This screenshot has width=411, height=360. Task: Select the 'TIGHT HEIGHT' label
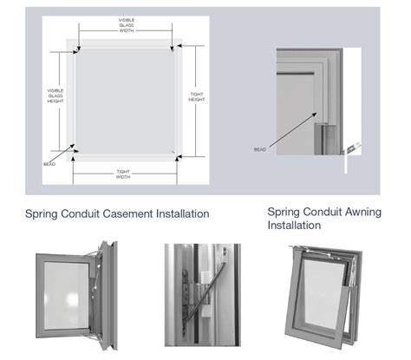pyautogui.click(x=197, y=96)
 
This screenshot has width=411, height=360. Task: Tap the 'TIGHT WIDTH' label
pyautogui.click(x=124, y=173)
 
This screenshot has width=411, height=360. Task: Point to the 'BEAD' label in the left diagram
pyautogui.click(x=49, y=162)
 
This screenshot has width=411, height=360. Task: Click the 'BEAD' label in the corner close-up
pyautogui.click(x=259, y=149)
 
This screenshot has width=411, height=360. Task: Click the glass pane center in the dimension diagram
pyautogui.click(x=126, y=101)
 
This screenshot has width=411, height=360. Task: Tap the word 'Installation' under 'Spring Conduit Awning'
pyautogui.click(x=294, y=226)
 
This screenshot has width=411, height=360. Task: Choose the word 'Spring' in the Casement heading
pyautogui.click(x=42, y=214)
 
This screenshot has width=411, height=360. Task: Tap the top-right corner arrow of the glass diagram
pyautogui.click(x=177, y=48)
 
